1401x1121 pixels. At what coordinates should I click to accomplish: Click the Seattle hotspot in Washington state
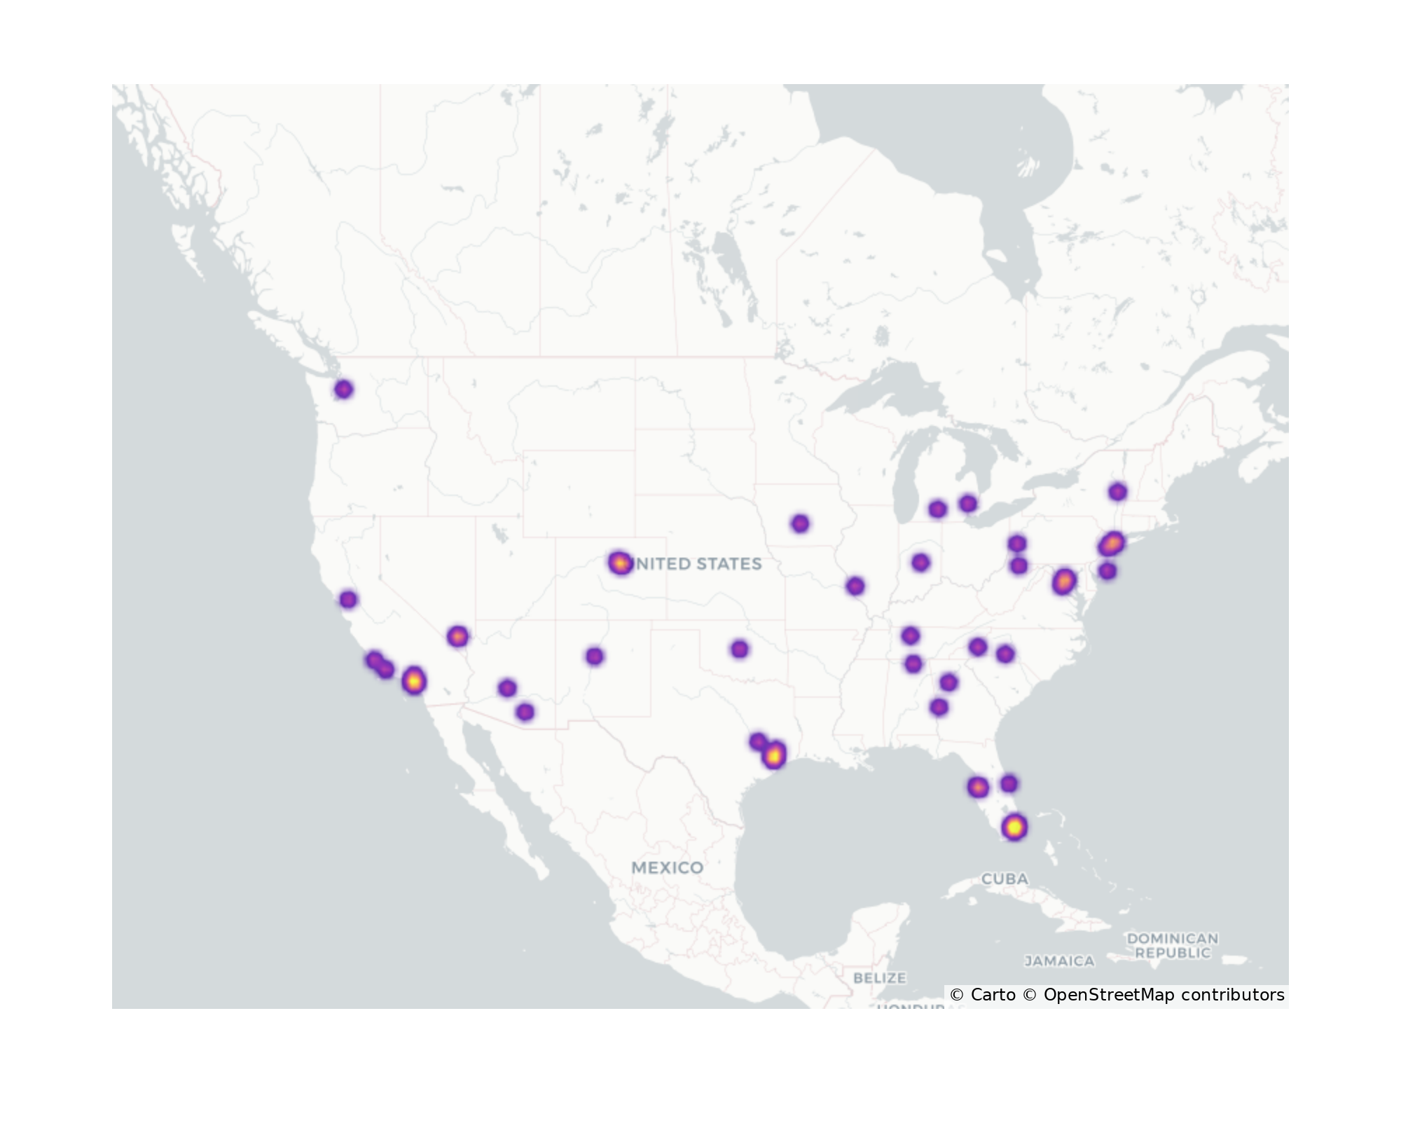coord(343,390)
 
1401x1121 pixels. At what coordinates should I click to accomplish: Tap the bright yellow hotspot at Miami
coord(1014,827)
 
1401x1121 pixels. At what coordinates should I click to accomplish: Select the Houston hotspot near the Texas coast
coord(773,755)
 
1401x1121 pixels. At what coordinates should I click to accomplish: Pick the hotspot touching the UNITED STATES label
coord(619,563)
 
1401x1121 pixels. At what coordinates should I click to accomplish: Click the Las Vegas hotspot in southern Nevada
coord(457,637)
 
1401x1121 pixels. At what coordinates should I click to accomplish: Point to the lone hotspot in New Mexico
coord(594,656)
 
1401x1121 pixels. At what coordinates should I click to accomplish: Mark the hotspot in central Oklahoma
coord(739,649)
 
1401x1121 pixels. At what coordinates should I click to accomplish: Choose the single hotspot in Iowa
coord(800,523)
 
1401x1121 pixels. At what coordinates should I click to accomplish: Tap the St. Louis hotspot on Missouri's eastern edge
coord(855,586)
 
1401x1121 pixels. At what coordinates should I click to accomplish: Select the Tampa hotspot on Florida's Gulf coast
coord(978,788)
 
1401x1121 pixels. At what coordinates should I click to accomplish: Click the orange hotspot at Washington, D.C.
coord(1063,582)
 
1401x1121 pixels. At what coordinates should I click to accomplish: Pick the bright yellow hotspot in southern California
coord(414,680)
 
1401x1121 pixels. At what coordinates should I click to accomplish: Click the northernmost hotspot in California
coord(348,600)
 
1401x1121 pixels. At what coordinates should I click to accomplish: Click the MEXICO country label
coord(667,868)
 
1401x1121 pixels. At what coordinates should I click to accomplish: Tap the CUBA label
coord(1005,879)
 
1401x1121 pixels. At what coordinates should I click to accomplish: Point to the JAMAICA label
coord(1059,961)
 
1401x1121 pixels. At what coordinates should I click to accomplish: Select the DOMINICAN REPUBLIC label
coord(1172,945)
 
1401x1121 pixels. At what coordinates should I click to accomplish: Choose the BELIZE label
coord(879,977)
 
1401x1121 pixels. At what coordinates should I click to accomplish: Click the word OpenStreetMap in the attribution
coord(1109,995)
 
